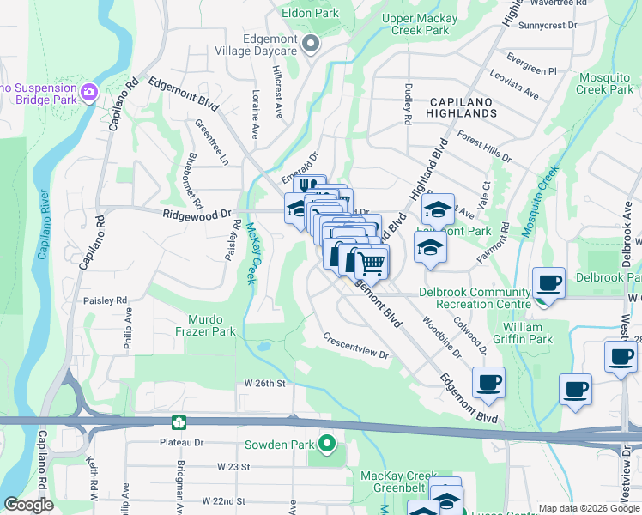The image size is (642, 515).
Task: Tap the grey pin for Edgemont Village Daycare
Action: pyautogui.click(x=311, y=43)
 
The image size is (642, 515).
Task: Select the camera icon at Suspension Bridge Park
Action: pyautogui.click(x=89, y=90)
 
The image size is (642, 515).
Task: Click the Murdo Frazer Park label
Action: pyautogui.click(x=206, y=324)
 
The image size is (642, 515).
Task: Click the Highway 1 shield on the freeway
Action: pyautogui.click(x=179, y=421)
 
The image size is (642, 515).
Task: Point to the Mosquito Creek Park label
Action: pyautogui.click(x=604, y=83)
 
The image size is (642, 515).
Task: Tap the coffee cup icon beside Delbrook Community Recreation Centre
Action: pyautogui.click(x=548, y=282)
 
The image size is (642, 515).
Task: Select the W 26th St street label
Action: pyautogui.click(x=263, y=382)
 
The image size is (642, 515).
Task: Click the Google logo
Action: pyautogui.click(x=29, y=505)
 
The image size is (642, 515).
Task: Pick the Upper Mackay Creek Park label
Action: pyautogui.click(x=415, y=24)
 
